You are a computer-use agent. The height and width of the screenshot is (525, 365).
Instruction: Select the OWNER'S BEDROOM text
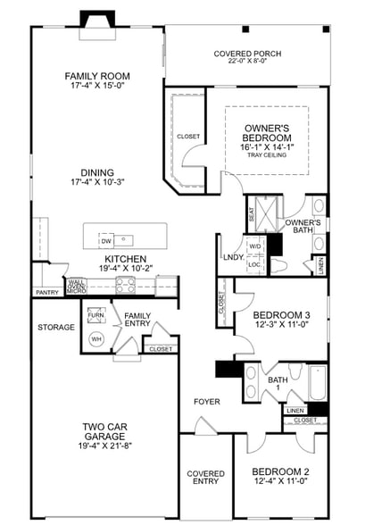click(267, 133)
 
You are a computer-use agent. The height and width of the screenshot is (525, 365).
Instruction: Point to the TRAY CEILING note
click(267, 156)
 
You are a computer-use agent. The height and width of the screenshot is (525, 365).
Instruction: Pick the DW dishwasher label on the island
click(106, 241)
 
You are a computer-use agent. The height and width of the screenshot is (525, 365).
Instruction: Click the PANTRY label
click(46, 292)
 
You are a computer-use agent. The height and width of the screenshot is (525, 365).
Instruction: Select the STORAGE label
click(56, 328)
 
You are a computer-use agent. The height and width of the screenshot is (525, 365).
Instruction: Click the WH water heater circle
click(96, 339)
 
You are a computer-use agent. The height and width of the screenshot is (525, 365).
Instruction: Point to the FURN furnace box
click(95, 315)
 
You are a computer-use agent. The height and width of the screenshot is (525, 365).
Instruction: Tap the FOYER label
click(207, 402)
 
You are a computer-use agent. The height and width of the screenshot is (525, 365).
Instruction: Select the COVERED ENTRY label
click(204, 478)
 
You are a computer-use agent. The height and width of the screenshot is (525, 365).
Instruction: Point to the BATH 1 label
click(278, 385)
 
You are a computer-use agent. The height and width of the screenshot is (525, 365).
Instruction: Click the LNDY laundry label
click(234, 259)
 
